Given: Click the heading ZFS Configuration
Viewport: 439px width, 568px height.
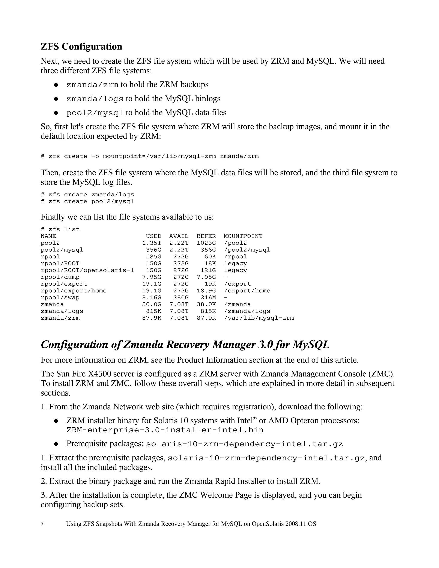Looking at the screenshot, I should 81,47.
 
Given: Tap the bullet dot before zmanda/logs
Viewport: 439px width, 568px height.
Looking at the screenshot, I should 56,99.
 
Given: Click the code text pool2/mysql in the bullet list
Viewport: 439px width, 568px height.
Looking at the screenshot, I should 95,113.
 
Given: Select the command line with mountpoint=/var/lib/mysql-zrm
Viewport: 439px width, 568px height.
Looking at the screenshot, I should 150,156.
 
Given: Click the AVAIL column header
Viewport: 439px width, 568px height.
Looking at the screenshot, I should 179,236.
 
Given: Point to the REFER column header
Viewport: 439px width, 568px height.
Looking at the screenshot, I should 206,236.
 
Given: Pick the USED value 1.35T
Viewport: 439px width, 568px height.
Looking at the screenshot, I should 152,243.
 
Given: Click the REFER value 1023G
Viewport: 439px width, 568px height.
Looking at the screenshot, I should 206,243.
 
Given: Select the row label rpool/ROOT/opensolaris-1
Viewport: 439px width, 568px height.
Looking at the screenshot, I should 87,270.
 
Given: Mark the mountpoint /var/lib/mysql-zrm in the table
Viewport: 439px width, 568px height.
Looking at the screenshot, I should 259,318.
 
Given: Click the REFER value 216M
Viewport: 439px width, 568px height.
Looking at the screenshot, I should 208,298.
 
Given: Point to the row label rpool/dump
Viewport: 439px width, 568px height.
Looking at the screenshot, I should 60,277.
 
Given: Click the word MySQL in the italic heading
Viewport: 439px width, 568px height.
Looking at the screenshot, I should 311,345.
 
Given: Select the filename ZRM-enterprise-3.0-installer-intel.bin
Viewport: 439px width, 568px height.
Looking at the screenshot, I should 165,430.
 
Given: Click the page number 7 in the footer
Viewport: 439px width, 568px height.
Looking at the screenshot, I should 42,524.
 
